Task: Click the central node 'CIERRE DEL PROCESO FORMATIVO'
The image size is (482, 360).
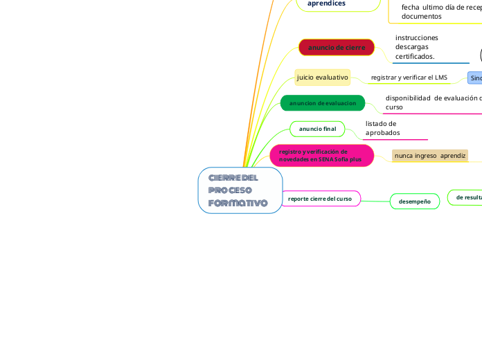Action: pos(240,190)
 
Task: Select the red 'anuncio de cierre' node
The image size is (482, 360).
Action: pos(337,47)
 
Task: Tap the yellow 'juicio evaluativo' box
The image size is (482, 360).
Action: pos(322,78)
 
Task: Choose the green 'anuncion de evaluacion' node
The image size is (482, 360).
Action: pos(322,103)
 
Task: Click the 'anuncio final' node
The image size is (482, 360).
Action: pos(317,129)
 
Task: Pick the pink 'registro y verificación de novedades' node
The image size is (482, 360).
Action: pos(321,156)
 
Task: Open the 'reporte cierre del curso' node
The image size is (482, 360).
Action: pos(320,199)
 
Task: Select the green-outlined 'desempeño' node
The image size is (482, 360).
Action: pos(414,201)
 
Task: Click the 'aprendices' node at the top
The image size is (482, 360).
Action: pos(326,3)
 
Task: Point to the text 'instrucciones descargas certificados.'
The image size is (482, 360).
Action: pos(416,47)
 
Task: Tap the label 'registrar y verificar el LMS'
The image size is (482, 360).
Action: pos(409,78)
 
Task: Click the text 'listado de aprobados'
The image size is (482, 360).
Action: pos(382,128)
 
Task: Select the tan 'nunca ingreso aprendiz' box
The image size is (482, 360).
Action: pos(429,156)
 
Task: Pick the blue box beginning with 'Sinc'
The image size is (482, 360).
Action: pos(475,78)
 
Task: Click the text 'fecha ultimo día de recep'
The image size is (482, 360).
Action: pos(440,7)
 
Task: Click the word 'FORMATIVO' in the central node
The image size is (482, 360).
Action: pos(238,203)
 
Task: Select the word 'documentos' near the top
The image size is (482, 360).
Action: pos(421,16)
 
